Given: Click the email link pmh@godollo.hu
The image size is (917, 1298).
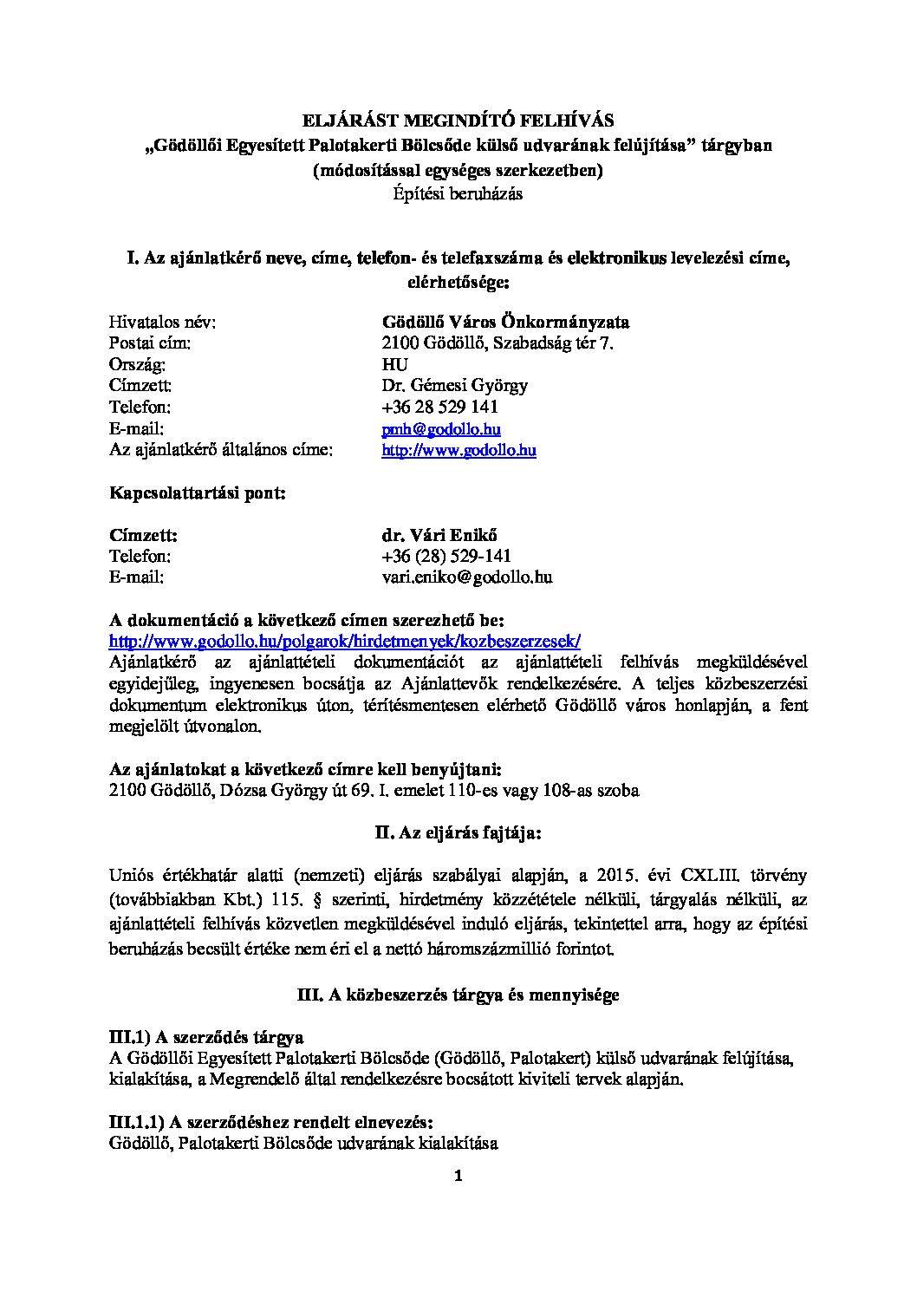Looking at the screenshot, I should [441, 429].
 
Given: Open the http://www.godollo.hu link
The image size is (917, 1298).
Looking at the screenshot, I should [458, 450].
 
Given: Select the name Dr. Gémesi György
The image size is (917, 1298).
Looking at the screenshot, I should [454, 385].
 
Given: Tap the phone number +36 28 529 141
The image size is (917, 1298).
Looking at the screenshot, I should [439, 407].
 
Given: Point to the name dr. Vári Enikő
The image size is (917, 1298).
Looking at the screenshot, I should [439, 535].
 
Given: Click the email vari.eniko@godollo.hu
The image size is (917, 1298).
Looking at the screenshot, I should [467, 577].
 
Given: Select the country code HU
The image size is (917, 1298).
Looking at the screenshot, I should [394, 364].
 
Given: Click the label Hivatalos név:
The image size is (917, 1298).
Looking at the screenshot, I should [162, 323].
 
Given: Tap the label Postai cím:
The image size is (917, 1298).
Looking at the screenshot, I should [150, 343].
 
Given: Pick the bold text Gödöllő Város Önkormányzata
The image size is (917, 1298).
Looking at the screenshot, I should [505, 323].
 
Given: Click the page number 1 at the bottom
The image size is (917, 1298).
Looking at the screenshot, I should [458, 1177].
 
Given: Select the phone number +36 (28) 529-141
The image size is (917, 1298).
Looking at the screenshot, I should [445, 556].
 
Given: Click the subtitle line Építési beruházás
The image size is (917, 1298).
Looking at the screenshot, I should [458, 194].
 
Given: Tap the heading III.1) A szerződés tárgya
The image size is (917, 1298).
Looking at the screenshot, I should [205, 1037].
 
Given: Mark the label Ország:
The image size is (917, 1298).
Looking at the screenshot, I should [137, 364].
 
